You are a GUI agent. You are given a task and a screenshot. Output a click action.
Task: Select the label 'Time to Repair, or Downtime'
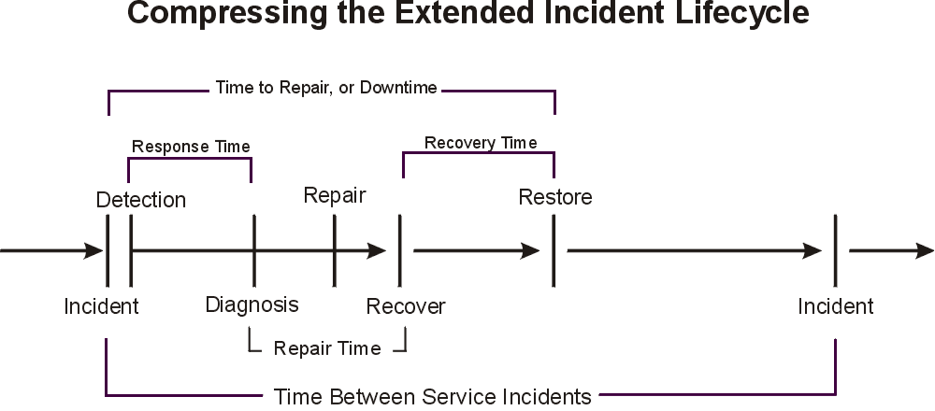pos(326,88)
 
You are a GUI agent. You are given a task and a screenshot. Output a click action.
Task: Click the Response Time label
pos(191,147)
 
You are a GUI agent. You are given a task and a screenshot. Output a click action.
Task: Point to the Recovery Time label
pos(481,143)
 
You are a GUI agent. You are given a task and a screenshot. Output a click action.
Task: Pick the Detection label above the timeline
pos(141,200)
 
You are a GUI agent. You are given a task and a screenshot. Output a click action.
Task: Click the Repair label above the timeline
pos(334,195)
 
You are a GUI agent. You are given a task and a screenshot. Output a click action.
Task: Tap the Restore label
pos(555,197)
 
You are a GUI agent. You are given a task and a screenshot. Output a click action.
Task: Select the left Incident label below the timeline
pos(101,305)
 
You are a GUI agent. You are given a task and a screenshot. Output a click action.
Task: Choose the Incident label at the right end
pos(836,305)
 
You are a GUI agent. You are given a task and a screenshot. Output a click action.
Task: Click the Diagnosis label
pos(252,305)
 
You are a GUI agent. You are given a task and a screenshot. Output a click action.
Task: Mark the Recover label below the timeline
pos(406,306)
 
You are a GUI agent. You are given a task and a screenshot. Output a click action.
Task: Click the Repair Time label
pos(327,348)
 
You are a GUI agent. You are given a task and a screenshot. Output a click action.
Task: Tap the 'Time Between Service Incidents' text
pos(433,396)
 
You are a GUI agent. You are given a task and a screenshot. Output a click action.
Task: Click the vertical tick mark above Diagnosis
pos(253,250)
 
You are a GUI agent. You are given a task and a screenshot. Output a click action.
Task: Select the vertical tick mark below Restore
pos(554,250)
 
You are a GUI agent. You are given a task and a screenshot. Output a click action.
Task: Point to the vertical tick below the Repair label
pos(334,250)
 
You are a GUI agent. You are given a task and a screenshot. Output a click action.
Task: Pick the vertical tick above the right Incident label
pos(835,250)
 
